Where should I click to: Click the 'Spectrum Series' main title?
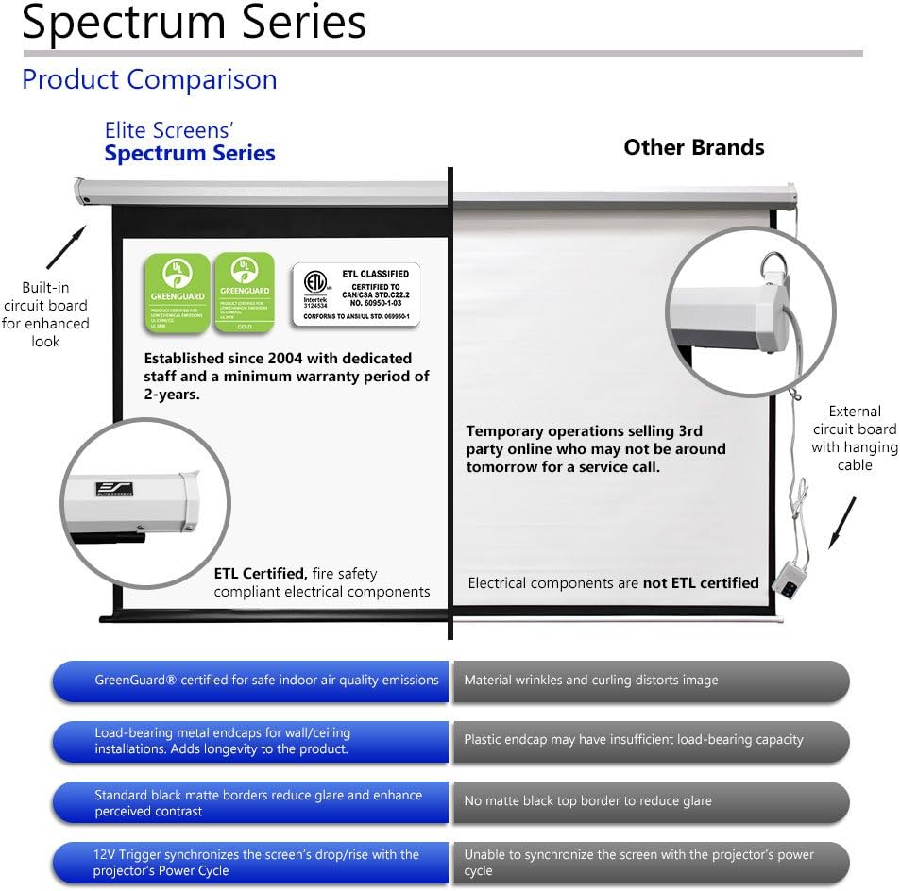pyautogui.click(x=194, y=23)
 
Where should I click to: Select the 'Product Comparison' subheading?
pyautogui.click(x=149, y=79)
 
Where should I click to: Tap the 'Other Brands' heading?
pyautogui.click(x=693, y=147)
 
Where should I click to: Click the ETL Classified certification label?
pyautogui.click(x=355, y=294)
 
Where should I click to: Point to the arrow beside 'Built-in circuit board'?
pyautogui.click(x=66, y=247)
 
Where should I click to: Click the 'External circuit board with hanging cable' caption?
pyautogui.click(x=855, y=438)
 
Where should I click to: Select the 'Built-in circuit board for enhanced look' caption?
pyautogui.click(x=45, y=314)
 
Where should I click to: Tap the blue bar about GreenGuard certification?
pyautogui.click(x=250, y=681)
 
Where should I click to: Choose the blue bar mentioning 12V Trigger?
pyautogui.click(x=250, y=863)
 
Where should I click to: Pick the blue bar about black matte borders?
pyautogui.click(x=250, y=802)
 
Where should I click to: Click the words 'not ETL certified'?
pyautogui.click(x=701, y=583)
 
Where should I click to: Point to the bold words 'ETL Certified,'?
pyautogui.click(x=261, y=573)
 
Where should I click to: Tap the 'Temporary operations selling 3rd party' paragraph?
pyautogui.click(x=596, y=448)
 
